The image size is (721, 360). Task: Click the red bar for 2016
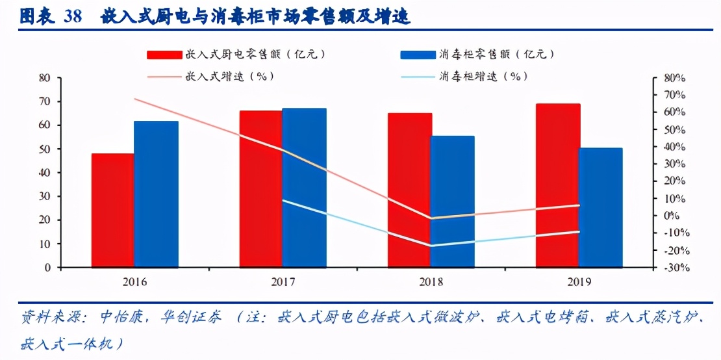[112, 211]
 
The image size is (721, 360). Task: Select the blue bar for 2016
[156, 194]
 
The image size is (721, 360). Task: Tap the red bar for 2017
[260, 189]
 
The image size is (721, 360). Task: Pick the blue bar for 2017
[304, 188]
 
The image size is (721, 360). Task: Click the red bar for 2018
[409, 190]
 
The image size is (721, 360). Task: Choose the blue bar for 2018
[452, 201]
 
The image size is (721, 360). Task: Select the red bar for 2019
[557, 185]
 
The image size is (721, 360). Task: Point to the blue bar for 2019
[600, 207]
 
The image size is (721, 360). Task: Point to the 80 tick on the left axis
[44, 78]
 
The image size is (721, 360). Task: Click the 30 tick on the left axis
[44, 196]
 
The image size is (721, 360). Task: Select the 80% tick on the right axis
[674, 78]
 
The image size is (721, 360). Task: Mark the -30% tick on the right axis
[674, 268]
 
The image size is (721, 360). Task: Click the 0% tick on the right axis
[670, 216]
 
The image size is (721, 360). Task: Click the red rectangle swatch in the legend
[164, 55]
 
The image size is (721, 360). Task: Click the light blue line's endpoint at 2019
[579, 231]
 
